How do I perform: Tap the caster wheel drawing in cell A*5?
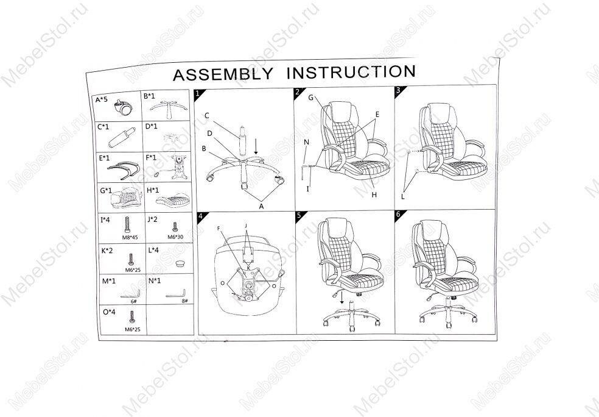tap(124, 109)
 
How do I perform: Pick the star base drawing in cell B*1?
tap(166, 110)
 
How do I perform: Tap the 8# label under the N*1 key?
tap(184, 299)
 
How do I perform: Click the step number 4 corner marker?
tap(199, 216)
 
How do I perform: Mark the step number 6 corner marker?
tap(398, 215)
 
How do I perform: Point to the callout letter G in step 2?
tap(310, 98)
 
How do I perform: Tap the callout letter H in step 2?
tap(375, 194)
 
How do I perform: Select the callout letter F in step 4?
tap(219, 229)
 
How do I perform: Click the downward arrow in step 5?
tap(342, 298)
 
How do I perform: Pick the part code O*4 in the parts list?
tap(109, 312)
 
